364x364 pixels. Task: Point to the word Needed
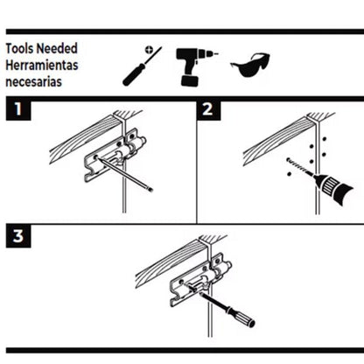pos(61,51)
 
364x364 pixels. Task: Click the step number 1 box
pos(16,110)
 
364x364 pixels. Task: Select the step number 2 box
pos(206,110)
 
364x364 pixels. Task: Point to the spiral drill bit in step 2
pos(298,168)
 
